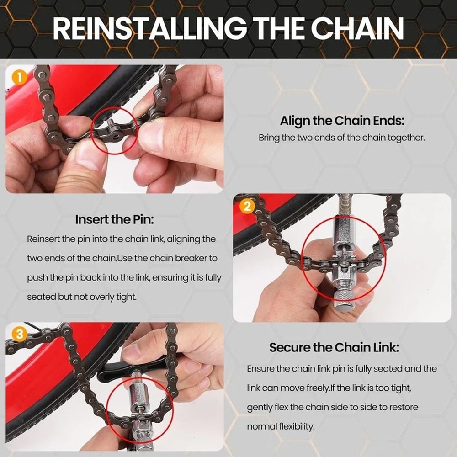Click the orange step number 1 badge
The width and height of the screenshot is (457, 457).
tap(18, 77)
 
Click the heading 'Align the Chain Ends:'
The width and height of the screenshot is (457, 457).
tap(342, 122)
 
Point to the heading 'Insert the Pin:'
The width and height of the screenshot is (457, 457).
tap(114, 219)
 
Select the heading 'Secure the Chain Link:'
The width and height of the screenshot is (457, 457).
tap(334, 347)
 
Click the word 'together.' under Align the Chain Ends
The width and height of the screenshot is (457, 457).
tap(408, 138)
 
